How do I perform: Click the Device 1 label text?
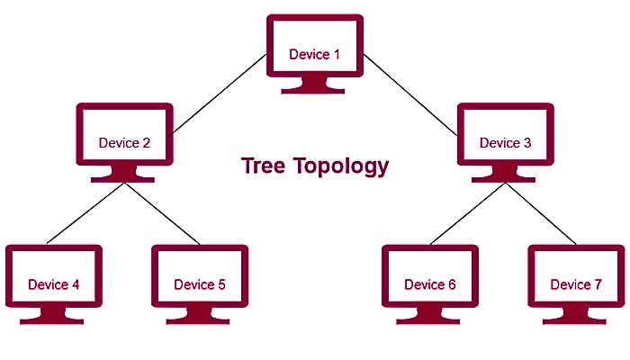coord(315,54)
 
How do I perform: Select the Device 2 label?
coord(124,143)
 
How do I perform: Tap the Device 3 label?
coord(505,143)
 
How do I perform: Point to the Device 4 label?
coord(54,285)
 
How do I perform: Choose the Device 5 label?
coord(200,285)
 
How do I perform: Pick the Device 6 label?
coord(430,285)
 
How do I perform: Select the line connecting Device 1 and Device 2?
coord(219,94)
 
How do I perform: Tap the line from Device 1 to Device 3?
coord(410,93)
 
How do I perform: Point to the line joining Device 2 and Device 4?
coord(85,213)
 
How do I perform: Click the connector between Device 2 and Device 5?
coord(162,213)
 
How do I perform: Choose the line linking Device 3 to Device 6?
coord(468,213)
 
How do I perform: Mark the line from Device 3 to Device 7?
coord(542,213)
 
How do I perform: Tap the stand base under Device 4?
coord(54,319)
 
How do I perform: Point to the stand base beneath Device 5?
coord(200,319)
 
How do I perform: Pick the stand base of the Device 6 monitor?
coord(430,319)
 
